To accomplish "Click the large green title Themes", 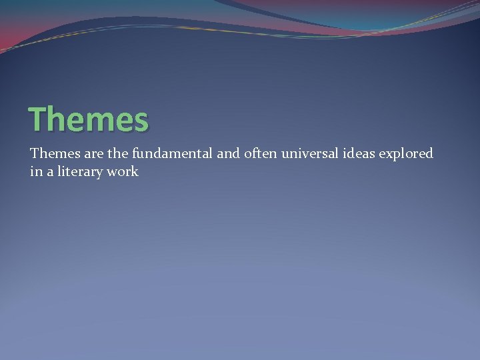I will pyautogui.click(x=89, y=120).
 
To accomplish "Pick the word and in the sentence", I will pyautogui.click(x=228, y=154).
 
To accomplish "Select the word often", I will pyautogui.click(x=261, y=154).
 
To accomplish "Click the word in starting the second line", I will pyautogui.click(x=35, y=172).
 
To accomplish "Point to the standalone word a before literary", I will pyautogui.click(x=49, y=172).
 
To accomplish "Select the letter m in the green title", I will pyautogui.click(x=91, y=122).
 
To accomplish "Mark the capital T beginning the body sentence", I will pyautogui.click(x=34, y=154).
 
